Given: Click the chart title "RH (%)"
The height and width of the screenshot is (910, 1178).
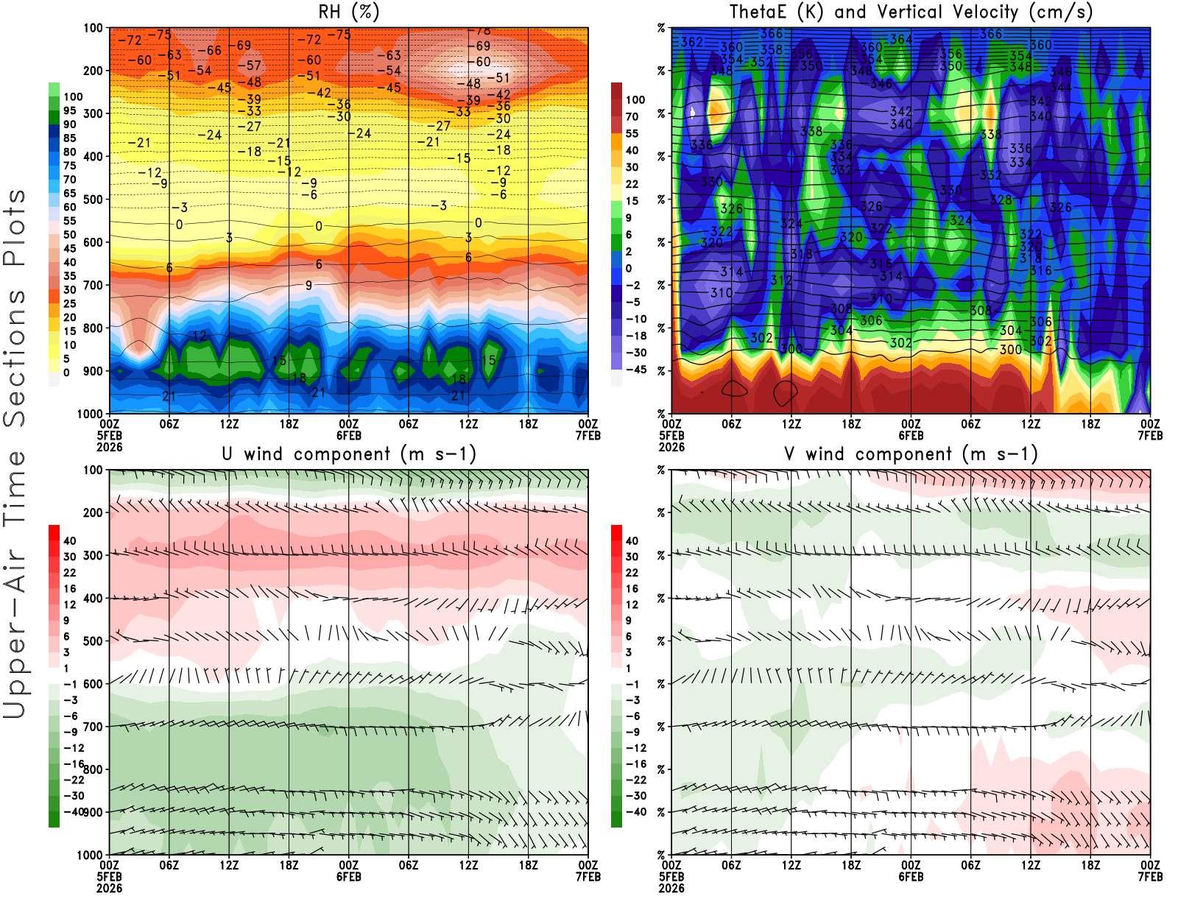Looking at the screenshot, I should coord(348,12).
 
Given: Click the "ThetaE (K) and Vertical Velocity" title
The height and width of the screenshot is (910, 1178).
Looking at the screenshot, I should coord(911,12).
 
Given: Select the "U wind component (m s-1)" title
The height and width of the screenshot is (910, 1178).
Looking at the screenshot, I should coord(348,454).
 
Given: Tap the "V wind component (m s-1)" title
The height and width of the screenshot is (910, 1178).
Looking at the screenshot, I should coord(911,454).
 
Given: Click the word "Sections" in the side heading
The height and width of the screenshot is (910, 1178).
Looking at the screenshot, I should coord(15,358).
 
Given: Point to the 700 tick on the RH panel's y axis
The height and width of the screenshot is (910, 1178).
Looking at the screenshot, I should coord(94,285).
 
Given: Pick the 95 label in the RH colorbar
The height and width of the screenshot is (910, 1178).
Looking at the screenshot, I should coord(70,110).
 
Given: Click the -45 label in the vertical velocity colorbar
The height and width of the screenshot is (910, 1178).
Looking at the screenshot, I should coord(635,370).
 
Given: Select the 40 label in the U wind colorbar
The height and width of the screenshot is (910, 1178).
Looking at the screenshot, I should coord(70,540).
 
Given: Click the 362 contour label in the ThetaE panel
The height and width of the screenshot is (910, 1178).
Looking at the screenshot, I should coord(691,42).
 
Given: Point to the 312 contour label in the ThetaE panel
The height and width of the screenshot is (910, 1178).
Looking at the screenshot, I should coord(781,280).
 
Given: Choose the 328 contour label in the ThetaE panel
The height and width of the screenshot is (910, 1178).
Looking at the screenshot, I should coord(1001,200).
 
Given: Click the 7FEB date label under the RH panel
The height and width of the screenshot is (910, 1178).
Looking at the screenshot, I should coord(588,435).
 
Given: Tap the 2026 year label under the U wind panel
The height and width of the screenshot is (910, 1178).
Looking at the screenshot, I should coord(109,888).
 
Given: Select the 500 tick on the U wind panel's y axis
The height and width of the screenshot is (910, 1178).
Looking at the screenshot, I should coord(94,641).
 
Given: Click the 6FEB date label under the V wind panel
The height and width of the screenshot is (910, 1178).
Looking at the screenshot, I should coord(911,876).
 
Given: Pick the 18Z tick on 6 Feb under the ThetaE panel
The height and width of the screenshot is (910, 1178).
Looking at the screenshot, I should coord(1090,424).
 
